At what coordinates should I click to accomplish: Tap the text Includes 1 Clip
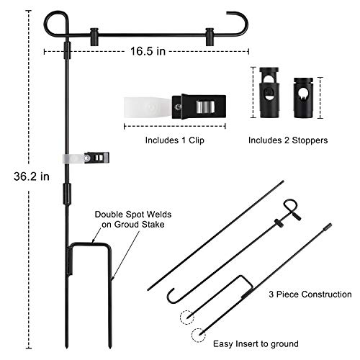tap(175, 140)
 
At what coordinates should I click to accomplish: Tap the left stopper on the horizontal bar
tap(95, 35)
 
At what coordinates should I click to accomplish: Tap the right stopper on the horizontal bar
tap(210, 35)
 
